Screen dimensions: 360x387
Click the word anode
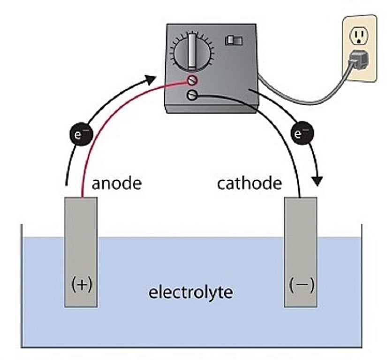(116, 183)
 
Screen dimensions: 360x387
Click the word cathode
(249, 183)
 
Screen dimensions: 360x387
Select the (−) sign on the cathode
(302, 285)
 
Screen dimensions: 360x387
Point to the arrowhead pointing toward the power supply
(151, 78)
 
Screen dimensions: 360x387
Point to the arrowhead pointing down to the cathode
(319, 181)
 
